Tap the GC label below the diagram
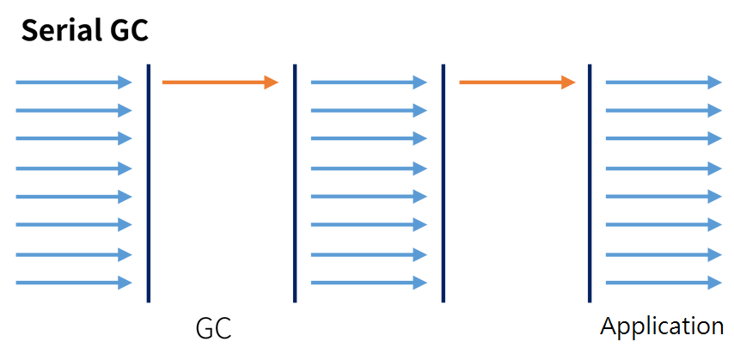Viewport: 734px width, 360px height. coord(213,329)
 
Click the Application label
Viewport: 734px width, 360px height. coord(662,327)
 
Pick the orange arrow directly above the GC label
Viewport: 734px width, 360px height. coord(220,82)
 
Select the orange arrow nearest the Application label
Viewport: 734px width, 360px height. coord(517,82)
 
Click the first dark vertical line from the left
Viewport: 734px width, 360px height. coord(149,183)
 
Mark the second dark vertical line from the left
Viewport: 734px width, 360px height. coord(295,183)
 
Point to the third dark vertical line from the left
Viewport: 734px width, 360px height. coord(443,183)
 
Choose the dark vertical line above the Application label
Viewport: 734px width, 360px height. coord(590,183)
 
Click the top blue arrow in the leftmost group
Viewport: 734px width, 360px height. coord(74,82)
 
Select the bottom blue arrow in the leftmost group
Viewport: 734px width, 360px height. coord(74,283)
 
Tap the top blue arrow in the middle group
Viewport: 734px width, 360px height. coord(369,82)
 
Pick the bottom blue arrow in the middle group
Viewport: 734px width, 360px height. coord(369,283)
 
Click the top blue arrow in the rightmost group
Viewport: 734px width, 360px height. coord(664,82)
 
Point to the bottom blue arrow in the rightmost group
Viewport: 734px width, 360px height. coord(664,283)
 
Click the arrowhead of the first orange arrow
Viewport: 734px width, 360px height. coord(272,82)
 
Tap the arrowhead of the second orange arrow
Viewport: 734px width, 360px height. coord(568,82)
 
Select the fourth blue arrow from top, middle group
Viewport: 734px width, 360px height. coord(369,168)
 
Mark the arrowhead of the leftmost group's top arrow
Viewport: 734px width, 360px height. coord(125,82)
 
